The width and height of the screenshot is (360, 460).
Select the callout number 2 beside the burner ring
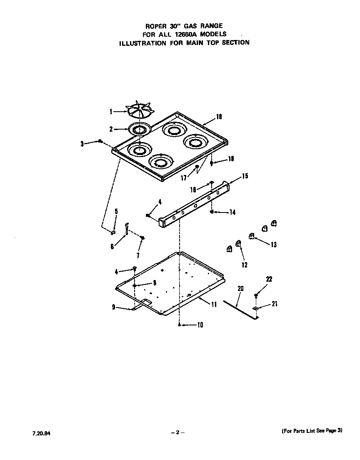(x=111, y=130)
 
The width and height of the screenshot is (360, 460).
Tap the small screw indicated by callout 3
(x=100, y=142)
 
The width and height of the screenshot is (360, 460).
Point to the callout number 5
(x=116, y=211)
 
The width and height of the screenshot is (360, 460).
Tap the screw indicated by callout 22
(x=256, y=295)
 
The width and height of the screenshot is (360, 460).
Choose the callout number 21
(x=274, y=304)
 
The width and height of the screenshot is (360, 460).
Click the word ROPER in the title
(x=155, y=26)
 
